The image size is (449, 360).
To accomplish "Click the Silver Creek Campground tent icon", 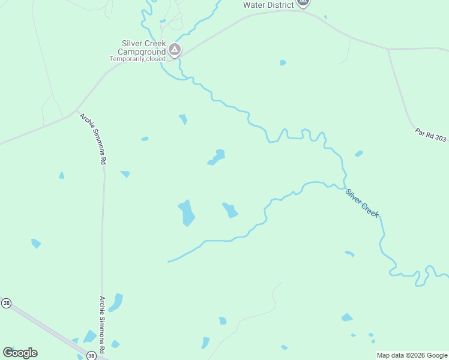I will click(x=175, y=50).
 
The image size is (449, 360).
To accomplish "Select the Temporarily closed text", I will click(x=137, y=59).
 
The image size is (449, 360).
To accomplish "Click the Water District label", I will click(x=268, y=5).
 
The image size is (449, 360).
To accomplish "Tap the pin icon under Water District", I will click(x=303, y=2).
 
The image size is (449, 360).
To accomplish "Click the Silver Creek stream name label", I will click(x=362, y=203).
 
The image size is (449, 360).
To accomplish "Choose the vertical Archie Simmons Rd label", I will click(x=103, y=325).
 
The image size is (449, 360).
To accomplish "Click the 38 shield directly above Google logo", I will click(x=6, y=304).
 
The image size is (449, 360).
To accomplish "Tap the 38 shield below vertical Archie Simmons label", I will click(x=91, y=356).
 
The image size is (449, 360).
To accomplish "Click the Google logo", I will click(x=20, y=352).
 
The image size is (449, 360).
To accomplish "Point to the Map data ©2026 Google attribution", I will click(x=411, y=355).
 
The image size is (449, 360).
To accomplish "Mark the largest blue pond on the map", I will click(x=186, y=213).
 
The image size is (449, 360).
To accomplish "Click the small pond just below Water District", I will click(x=283, y=62).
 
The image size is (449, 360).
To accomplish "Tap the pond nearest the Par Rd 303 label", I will click(x=358, y=154).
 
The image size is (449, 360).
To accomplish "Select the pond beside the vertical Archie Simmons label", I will click(x=116, y=302).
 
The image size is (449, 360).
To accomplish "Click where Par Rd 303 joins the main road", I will click(x=388, y=49).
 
